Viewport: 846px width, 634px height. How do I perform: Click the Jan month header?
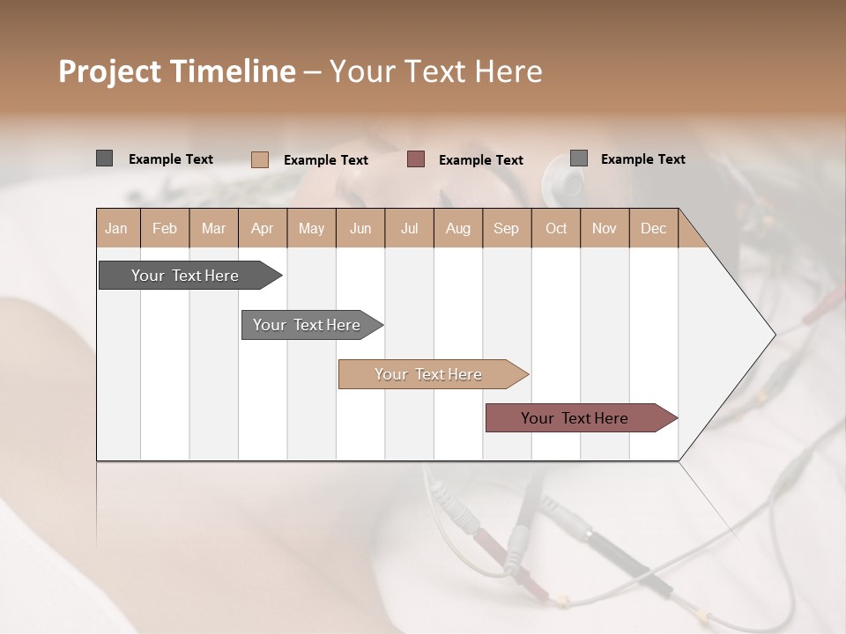(x=116, y=228)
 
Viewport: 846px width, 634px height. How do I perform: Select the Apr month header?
(x=262, y=228)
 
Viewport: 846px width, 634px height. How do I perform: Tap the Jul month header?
(x=409, y=228)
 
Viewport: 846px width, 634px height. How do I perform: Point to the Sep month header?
(x=506, y=228)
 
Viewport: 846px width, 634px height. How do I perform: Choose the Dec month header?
(x=653, y=228)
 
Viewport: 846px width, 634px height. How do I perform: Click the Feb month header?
(x=165, y=228)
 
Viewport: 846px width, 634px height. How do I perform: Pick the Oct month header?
(x=556, y=228)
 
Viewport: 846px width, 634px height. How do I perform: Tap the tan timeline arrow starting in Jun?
(x=429, y=374)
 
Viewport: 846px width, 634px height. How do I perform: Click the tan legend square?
(x=259, y=159)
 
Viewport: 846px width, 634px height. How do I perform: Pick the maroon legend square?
(x=416, y=159)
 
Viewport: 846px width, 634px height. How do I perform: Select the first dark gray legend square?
(x=104, y=158)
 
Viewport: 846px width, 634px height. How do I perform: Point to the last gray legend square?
(x=579, y=158)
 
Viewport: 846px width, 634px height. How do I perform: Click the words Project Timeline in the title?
(x=176, y=71)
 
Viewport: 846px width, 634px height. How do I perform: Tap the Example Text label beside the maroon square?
(x=480, y=160)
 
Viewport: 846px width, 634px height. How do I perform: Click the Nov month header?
(x=605, y=228)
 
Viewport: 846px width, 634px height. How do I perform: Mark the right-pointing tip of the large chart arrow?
(x=773, y=335)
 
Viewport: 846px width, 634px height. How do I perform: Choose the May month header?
(x=311, y=228)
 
